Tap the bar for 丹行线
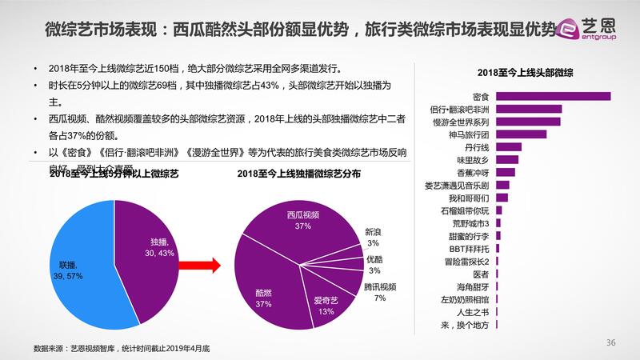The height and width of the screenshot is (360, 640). [509, 146]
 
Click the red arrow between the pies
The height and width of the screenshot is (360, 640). [201, 265]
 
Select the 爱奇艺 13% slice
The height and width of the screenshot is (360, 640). [324, 300]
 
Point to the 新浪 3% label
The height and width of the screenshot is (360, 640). [374, 237]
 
